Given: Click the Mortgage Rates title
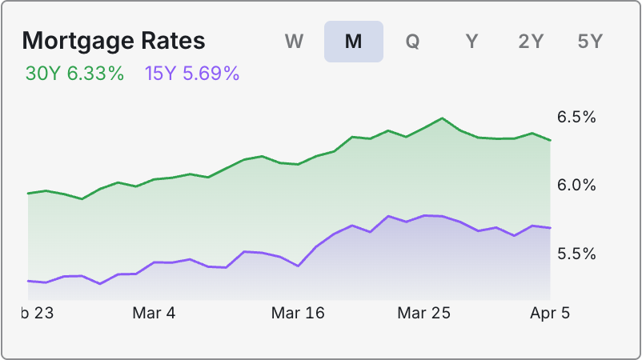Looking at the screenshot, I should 113,41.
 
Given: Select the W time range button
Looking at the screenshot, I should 294,42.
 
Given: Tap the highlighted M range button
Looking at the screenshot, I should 353,42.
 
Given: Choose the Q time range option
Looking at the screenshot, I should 412,42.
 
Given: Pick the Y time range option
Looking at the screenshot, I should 471,42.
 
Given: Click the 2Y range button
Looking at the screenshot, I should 531,42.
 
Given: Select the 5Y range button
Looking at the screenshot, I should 590,42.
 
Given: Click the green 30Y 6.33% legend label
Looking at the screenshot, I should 74,74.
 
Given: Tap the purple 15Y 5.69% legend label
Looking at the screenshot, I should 192,74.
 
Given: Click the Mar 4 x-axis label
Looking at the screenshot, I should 153,313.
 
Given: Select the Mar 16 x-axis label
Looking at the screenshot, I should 298,313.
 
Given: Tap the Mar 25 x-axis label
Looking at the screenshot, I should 424,313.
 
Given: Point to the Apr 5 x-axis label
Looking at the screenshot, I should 550,313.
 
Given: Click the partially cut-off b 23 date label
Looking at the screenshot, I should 38,313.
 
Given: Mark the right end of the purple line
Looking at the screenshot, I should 550,228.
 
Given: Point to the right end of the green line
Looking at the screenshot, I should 550,140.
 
